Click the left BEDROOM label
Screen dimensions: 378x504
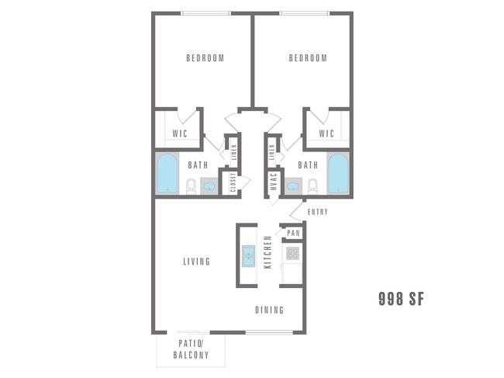205,58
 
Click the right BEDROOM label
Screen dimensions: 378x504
308,58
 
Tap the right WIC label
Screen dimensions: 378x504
326,134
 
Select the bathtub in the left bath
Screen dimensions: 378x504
167,174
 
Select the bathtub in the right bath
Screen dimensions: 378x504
337,174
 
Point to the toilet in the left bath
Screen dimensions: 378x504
191,186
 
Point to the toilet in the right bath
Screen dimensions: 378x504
313,186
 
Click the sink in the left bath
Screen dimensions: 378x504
210,186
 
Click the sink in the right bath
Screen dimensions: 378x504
292,186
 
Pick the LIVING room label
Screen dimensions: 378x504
196,262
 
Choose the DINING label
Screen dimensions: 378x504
270,310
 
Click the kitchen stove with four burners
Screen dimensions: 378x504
292,252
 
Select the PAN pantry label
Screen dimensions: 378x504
293,233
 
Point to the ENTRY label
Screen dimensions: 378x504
318,212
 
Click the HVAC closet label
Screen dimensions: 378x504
274,183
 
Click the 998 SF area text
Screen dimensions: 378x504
400,298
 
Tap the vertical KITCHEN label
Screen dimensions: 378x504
268,252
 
